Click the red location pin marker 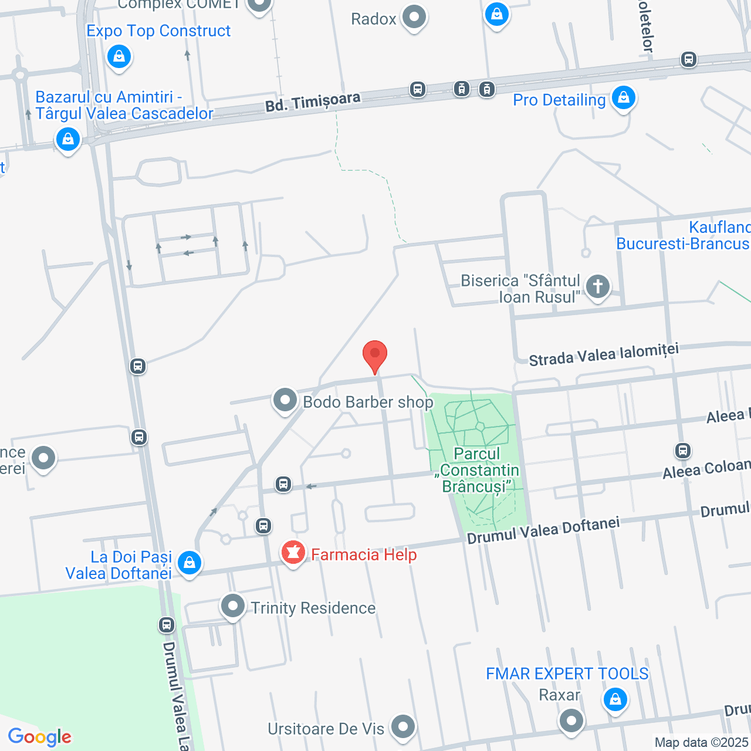click(375, 356)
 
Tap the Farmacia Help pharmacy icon click(293, 553)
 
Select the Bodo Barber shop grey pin click(285, 401)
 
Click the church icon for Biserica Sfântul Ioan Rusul click(598, 287)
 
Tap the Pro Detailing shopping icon click(623, 97)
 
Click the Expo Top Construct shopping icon click(119, 57)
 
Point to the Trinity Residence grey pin click(233, 606)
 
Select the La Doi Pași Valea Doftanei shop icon click(189, 563)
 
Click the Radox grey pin click(414, 18)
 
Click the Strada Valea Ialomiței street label click(604, 354)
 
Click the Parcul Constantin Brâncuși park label click(478, 471)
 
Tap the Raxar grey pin click(571, 720)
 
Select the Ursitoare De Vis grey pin click(403, 727)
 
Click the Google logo click(40, 737)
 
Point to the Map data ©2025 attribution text click(701, 743)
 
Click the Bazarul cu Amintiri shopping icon click(68, 140)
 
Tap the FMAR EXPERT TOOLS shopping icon click(615, 699)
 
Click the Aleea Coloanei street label click(706, 468)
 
